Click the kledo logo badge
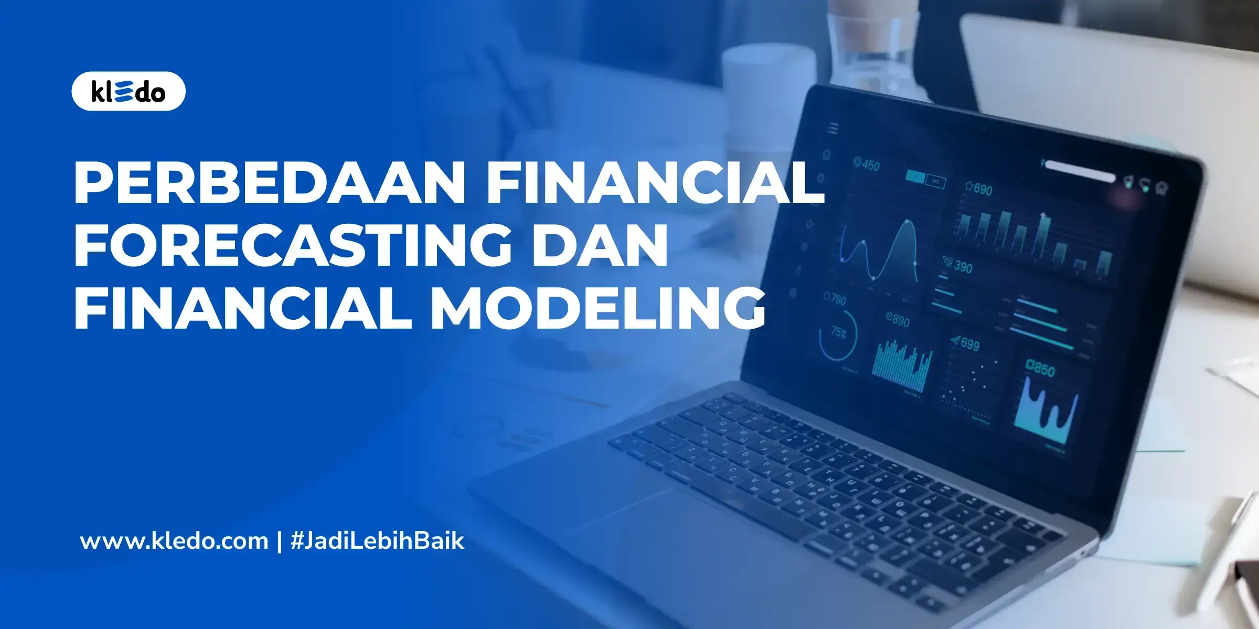(x=128, y=91)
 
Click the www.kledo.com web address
(x=174, y=541)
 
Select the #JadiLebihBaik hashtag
(x=377, y=541)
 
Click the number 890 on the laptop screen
(x=900, y=320)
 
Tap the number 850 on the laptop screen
(x=1042, y=370)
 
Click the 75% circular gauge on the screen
(x=838, y=334)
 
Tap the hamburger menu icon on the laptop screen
(x=833, y=128)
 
